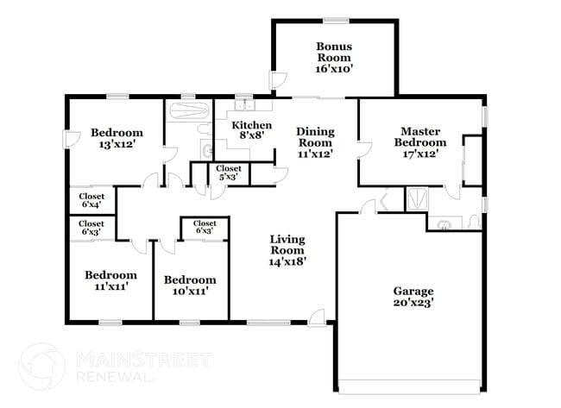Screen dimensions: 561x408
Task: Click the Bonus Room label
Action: pos(334,58)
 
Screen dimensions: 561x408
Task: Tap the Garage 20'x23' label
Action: pos(413,297)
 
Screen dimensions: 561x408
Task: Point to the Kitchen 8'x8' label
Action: pos(251,130)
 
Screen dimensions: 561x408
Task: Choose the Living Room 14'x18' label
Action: pos(287,250)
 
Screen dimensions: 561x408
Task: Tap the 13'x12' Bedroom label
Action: pos(117,138)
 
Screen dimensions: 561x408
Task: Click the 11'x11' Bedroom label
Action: pos(111,280)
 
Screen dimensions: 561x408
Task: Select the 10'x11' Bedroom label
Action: pos(190,286)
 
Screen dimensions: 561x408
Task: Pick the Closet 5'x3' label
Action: pos(229,173)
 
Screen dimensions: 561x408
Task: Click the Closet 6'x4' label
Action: pos(91,200)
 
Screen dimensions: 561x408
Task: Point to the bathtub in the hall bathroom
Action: pos(189,111)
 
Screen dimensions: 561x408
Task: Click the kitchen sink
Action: pos(244,105)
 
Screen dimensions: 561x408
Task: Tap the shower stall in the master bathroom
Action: pos(416,199)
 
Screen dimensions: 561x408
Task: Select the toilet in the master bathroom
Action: pos(474,222)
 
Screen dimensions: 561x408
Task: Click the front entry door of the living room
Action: pos(317,318)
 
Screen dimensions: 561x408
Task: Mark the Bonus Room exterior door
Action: pos(278,80)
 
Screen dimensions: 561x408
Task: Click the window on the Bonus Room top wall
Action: pos(336,21)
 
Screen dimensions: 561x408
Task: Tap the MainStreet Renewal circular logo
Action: pos(42,367)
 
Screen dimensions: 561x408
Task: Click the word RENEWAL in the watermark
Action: pos(113,377)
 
